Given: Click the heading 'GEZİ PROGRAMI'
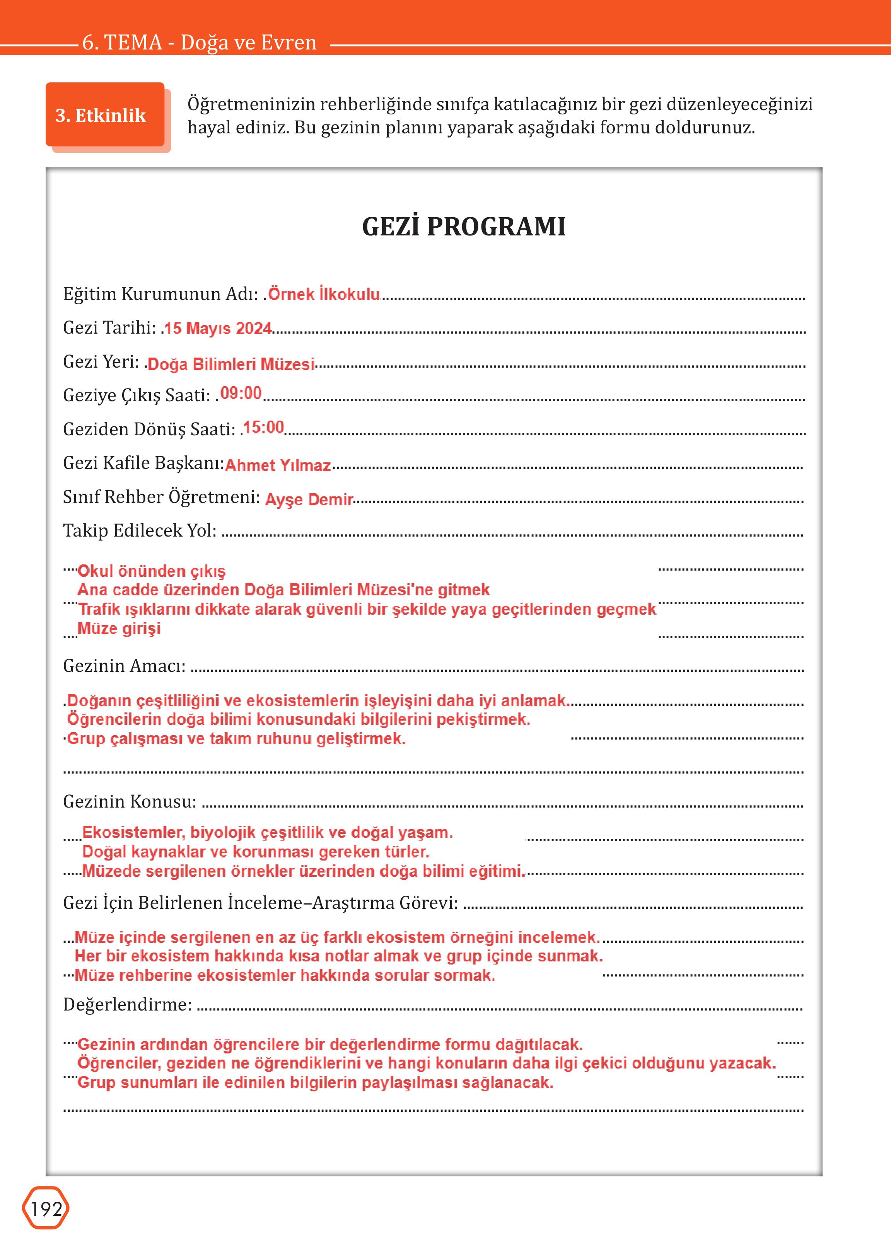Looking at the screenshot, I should [464, 227].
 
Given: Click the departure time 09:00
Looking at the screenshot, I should [241, 393].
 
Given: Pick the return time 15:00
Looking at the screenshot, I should [263, 427].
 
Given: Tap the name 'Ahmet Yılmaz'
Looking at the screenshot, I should [278, 465].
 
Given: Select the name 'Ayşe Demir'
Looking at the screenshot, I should [309, 499].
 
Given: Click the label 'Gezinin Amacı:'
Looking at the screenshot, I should [125, 666].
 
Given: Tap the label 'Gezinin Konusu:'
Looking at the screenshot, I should [130, 801].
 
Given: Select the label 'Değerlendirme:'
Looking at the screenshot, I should [127, 1004].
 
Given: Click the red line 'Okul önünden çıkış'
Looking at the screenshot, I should [152, 571].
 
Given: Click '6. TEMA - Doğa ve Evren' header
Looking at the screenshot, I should [199, 42].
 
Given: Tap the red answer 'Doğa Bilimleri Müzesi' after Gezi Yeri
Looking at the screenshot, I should [231, 364].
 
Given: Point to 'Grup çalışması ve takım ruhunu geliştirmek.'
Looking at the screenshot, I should [236, 739].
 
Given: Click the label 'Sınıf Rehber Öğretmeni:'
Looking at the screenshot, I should [161, 496].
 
